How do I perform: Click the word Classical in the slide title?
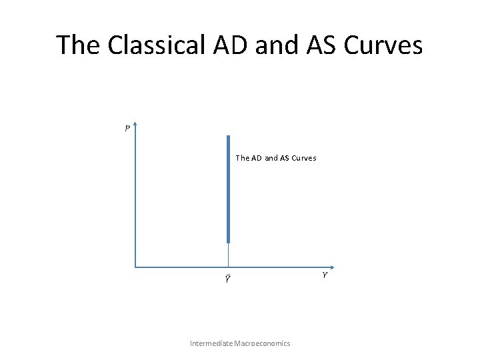(145, 45)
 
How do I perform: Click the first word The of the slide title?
(77, 45)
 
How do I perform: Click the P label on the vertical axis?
(127, 129)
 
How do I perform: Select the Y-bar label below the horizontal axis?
(227, 279)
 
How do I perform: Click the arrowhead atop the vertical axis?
(135, 124)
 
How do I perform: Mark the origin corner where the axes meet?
(135, 267)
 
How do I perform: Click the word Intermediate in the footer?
(211, 343)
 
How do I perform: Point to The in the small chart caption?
(243, 159)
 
